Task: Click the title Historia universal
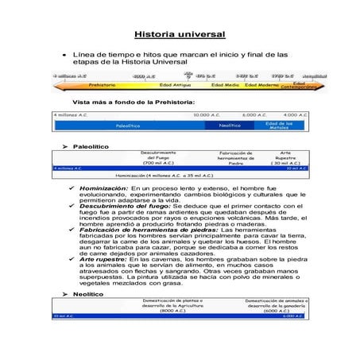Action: (180, 34)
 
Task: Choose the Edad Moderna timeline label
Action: (261, 83)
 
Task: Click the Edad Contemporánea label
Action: (298, 83)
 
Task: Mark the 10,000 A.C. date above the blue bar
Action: (207, 115)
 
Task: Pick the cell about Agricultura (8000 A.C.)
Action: (172, 306)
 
